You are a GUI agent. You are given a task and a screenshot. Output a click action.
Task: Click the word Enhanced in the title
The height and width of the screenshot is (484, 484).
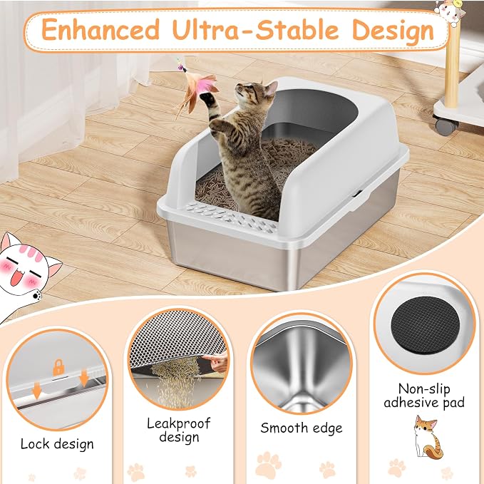101,30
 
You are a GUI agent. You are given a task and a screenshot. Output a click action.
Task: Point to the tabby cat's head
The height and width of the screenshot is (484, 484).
256,92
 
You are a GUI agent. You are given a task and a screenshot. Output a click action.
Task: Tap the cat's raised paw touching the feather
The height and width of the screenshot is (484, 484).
207,99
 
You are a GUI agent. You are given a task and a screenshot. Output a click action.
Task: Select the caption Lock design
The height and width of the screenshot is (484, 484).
57,445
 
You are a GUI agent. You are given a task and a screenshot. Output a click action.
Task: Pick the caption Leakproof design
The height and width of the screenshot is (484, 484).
179,431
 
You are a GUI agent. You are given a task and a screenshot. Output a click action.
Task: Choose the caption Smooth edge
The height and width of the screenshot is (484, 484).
302,428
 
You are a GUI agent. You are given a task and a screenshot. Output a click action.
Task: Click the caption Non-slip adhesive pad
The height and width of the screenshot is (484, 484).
424,396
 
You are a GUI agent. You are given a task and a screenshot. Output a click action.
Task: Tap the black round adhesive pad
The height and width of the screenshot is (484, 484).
425,325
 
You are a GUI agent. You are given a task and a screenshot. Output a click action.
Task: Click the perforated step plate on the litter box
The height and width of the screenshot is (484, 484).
231,217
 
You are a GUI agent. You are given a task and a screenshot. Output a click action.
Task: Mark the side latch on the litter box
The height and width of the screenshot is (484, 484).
357,195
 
